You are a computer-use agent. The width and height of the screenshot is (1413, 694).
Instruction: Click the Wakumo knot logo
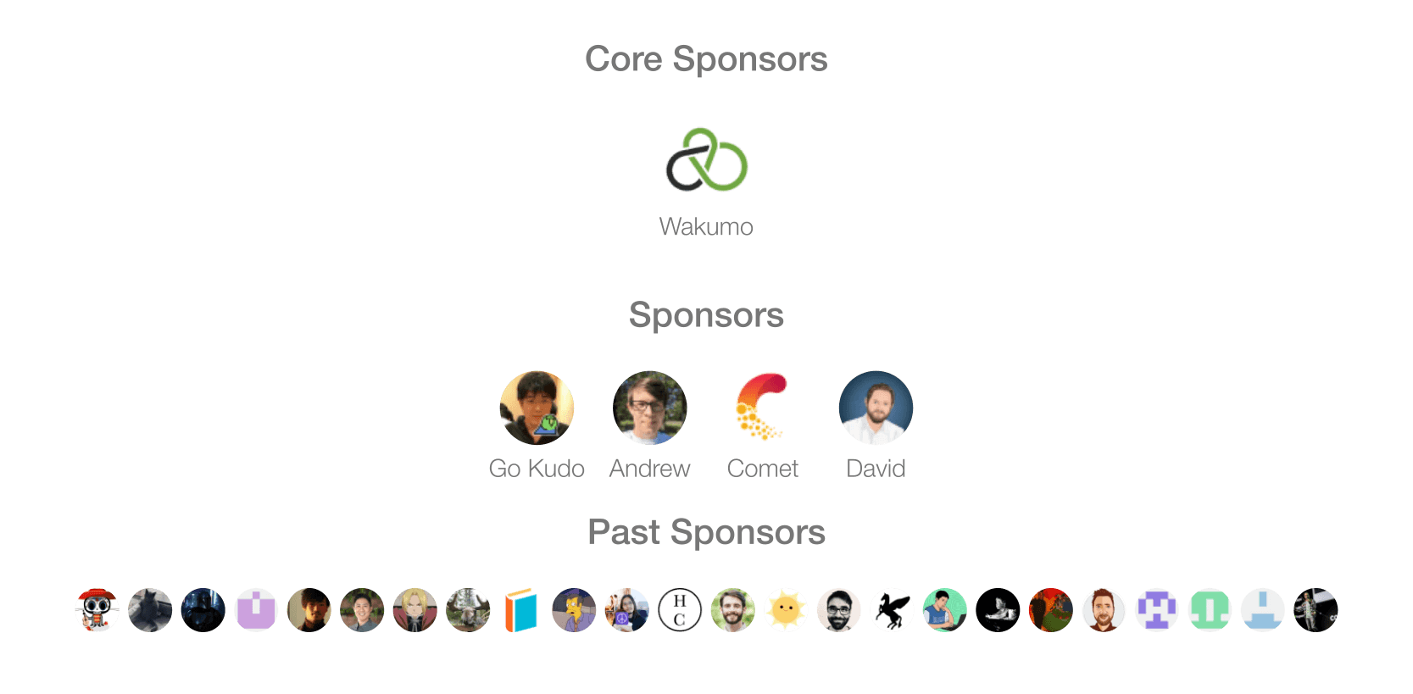click(707, 159)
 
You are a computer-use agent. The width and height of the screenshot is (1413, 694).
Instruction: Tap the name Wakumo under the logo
click(707, 227)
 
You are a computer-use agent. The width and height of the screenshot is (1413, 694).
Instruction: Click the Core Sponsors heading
click(707, 58)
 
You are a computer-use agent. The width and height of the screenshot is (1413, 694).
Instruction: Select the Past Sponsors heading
click(707, 532)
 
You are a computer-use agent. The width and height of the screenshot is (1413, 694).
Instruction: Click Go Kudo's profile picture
click(537, 408)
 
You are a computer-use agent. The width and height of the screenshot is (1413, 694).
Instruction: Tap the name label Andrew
click(650, 469)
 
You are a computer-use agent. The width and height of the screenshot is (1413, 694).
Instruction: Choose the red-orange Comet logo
click(762, 407)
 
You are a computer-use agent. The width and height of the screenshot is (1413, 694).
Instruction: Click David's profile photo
click(876, 408)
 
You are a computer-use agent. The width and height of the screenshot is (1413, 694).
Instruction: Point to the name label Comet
click(763, 469)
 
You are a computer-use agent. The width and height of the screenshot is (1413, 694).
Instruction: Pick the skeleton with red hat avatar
click(97, 610)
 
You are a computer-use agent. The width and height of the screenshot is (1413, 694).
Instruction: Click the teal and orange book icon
click(521, 610)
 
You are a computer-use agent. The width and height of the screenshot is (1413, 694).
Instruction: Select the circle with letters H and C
click(680, 610)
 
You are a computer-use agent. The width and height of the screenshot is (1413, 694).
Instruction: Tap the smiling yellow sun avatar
click(786, 610)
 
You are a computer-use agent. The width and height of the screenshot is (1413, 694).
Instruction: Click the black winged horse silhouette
click(892, 610)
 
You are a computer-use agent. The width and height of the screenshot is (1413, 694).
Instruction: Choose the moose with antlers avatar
click(468, 610)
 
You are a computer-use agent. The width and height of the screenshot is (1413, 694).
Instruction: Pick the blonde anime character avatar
click(415, 610)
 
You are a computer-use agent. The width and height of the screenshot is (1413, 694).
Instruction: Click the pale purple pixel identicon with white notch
click(256, 610)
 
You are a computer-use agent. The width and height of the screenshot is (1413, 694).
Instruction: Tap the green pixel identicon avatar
click(1210, 610)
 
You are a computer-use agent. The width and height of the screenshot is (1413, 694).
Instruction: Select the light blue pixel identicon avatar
click(1263, 610)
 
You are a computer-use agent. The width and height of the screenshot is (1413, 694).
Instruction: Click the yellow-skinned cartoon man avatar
click(574, 610)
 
